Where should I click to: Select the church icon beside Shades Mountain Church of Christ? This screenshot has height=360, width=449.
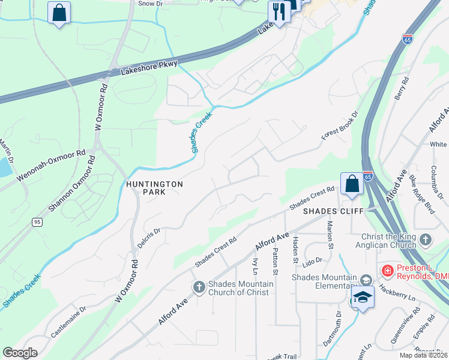tap(199, 287)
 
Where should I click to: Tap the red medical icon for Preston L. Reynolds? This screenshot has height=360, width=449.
tap(388, 271)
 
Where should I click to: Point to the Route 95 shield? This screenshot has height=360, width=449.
tap(37, 222)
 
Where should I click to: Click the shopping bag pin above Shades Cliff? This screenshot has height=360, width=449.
tap(352, 184)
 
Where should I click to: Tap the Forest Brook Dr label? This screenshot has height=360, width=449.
tap(339, 126)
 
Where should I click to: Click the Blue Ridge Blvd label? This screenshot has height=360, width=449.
tap(421, 196)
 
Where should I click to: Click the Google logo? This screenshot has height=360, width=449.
tap(20, 353)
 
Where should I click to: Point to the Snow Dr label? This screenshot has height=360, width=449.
tap(151, 4)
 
